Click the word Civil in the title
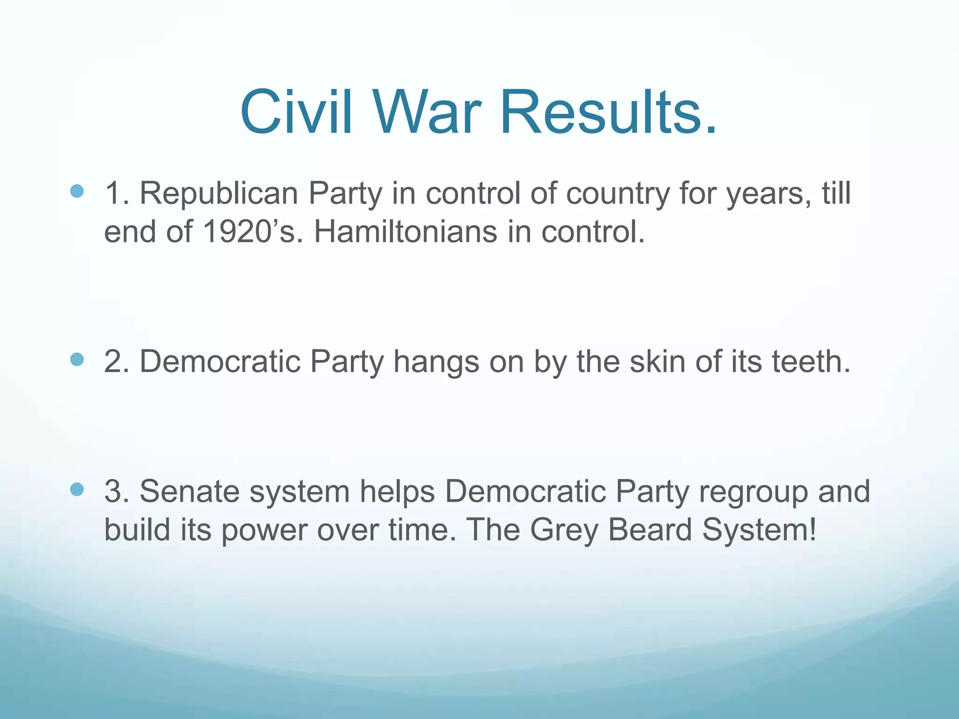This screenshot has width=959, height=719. (296, 113)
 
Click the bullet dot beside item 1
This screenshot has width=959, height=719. (77, 191)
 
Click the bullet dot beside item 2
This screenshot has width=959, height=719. (77, 359)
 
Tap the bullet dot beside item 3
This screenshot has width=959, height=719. (77, 490)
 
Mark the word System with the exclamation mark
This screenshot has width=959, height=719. (759, 530)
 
